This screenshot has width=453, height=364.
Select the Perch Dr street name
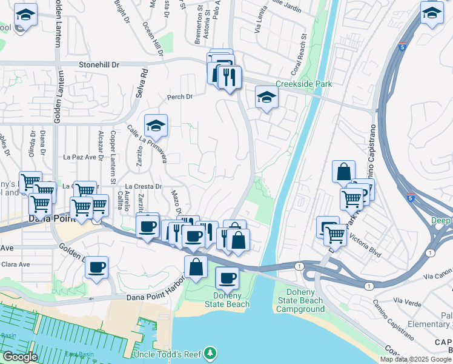coord(180,96)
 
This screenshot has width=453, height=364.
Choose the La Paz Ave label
coord(81,157)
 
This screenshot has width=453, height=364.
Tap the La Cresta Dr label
coord(144,187)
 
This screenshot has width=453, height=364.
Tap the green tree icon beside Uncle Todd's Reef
coord(210,352)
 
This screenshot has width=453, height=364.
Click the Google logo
coord(19,357)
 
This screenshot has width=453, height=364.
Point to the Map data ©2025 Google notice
coord(416,359)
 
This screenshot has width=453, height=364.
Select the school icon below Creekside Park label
coord(266,97)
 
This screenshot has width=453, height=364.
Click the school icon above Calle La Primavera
coord(156,126)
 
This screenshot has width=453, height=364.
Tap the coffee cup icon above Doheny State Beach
coord(227,278)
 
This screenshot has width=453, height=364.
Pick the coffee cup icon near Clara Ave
coord(96,266)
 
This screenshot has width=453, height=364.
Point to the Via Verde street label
coord(407,300)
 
